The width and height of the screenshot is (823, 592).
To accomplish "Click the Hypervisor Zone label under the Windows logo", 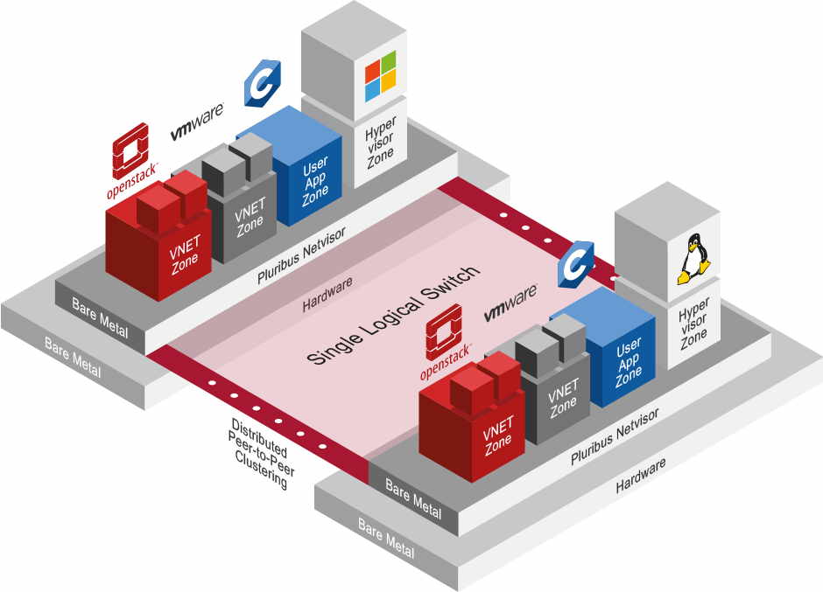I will (380, 140).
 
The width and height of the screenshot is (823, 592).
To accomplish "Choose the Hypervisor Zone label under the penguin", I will (693, 323).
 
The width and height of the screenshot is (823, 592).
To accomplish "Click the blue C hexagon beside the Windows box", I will (260, 84).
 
